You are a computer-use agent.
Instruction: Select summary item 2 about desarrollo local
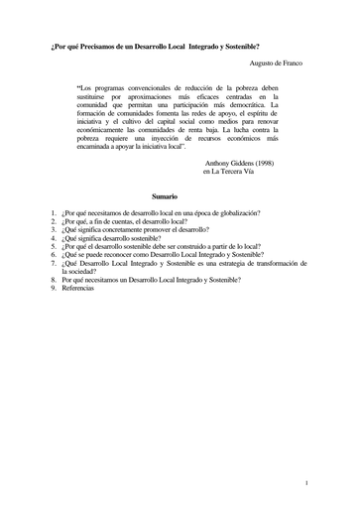pos(123,222)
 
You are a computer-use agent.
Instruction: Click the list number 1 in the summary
pos(53,213)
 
